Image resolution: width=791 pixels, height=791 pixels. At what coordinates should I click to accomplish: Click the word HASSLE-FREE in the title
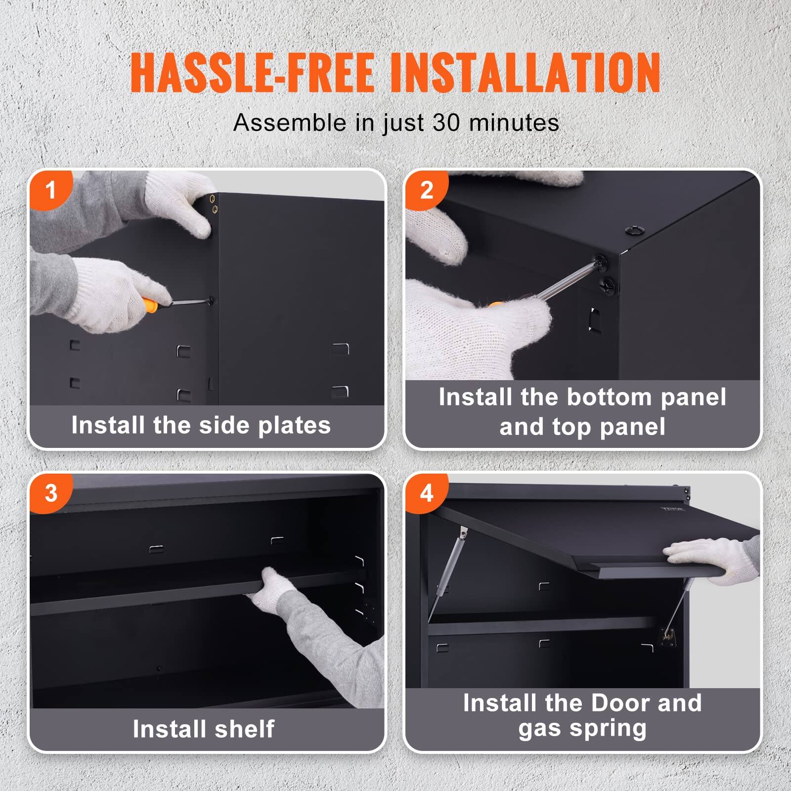click(252, 73)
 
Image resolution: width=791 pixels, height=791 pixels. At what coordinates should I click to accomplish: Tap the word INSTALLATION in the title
click(525, 73)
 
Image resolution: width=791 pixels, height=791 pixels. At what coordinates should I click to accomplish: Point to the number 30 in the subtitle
click(446, 122)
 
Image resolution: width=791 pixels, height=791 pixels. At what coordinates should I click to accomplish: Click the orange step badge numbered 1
click(50, 190)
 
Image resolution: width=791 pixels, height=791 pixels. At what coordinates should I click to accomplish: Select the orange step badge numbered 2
click(426, 190)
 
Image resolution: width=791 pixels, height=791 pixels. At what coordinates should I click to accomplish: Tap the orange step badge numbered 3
click(50, 493)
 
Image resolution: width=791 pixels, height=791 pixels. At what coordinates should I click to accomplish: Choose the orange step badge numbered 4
click(426, 493)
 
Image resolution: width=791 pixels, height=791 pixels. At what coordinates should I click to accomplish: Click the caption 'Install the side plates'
click(201, 425)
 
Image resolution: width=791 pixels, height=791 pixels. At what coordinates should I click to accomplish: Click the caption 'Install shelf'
click(203, 729)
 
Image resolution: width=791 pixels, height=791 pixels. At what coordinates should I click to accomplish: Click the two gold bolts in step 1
click(214, 204)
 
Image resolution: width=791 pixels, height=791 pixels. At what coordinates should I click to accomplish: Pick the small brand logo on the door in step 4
click(673, 508)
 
